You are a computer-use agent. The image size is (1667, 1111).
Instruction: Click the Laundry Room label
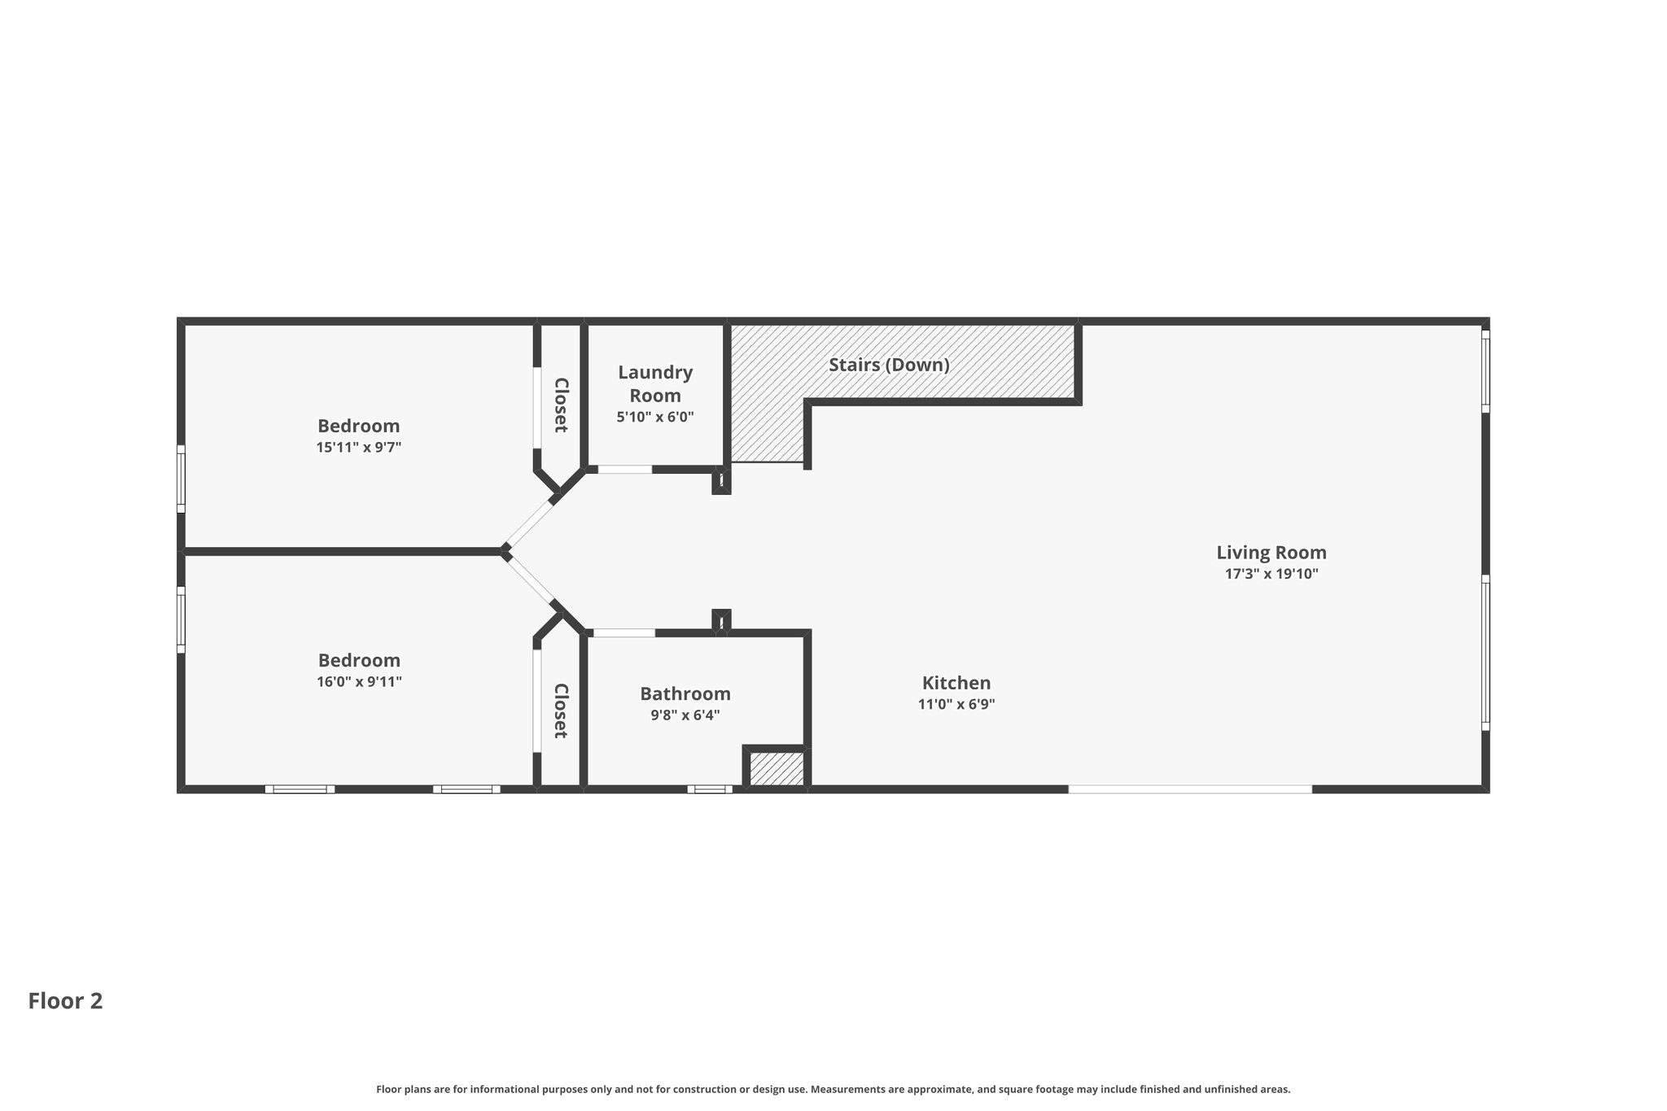coord(655,384)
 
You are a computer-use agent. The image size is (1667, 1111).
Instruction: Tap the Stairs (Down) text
coord(889,365)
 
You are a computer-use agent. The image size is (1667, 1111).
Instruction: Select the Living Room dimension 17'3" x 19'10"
coord(1271,574)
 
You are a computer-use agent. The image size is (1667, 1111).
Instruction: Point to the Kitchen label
coord(956,683)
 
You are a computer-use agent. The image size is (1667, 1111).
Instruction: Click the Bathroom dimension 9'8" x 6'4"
coord(685,715)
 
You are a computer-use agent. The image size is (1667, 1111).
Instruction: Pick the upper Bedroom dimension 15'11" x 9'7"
coord(359,447)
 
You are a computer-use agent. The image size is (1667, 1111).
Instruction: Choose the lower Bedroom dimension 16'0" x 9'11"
coord(359,681)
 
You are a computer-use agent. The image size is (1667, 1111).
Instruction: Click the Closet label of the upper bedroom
coord(561,405)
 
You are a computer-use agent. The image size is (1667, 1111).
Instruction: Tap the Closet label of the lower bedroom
coord(561,711)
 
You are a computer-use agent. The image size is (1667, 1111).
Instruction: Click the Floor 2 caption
coord(65,1001)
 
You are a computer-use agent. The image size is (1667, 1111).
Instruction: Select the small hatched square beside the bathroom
coord(777,769)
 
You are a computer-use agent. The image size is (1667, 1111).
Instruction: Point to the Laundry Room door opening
coord(625,469)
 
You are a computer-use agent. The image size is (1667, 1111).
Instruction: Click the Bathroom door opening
coord(624,632)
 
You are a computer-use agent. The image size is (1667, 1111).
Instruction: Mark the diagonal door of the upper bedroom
coord(529,523)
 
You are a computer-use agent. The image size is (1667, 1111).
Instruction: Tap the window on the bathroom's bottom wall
coord(710,789)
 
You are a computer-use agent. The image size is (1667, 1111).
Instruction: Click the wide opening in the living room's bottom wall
coord(1190,789)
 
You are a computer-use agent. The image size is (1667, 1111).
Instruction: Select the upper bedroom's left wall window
coord(181,479)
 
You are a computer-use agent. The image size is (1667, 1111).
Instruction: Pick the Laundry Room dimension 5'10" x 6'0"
coord(655,417)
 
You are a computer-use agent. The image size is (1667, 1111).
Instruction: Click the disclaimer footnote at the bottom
coord(833,1089)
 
